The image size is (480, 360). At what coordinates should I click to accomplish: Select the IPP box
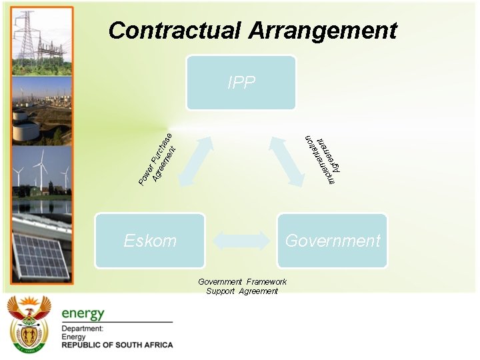click(241, 83)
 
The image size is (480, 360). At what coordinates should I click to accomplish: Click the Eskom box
click(150, 241)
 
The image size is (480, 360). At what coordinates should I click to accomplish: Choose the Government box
click(332, 241)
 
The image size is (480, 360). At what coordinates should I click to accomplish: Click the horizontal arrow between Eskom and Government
click(241, 240)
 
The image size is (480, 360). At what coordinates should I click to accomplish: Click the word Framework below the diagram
click(265, 282)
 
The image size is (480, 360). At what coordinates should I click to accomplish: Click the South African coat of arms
click(29, 325)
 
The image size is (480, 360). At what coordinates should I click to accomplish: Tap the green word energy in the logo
click(83, 313)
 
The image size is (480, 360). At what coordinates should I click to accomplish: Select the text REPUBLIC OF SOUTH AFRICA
click(117, 345)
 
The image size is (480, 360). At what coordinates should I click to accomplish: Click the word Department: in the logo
click(82, 329)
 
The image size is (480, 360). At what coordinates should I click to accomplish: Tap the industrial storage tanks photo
click(41, 110)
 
